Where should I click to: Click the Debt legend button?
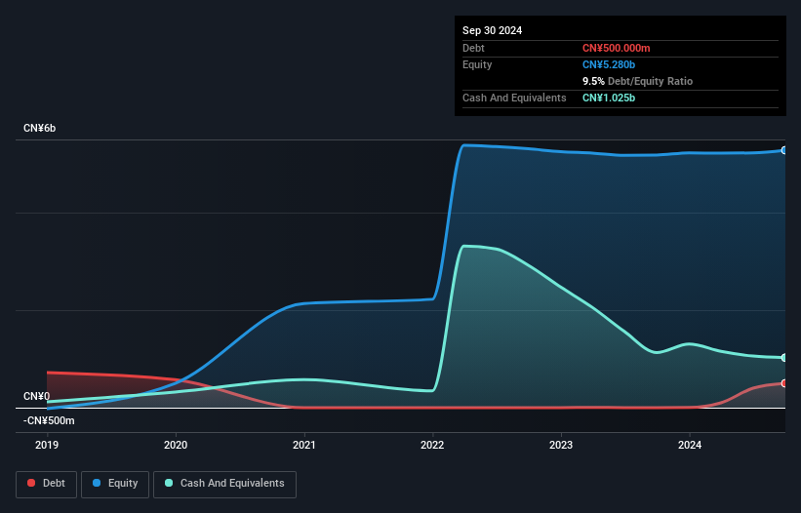[46, 483]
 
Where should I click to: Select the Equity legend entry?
[114, 483]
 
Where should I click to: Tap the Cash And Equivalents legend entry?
[224, 483]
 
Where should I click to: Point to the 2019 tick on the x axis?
[47, 446]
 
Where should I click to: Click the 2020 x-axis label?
[176, 446]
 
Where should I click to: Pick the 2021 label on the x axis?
[304, 446]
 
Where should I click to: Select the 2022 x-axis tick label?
[433, 446]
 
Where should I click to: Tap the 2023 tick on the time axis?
[561, 446]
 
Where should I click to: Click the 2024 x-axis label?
[690, 446]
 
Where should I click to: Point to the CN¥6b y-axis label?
[40, 129]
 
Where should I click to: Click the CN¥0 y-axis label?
[36, 396]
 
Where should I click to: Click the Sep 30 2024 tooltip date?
[492, 30]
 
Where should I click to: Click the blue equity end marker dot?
[784, 150]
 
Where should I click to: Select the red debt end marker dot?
[784, 383]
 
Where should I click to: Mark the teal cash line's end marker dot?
[784, 358]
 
